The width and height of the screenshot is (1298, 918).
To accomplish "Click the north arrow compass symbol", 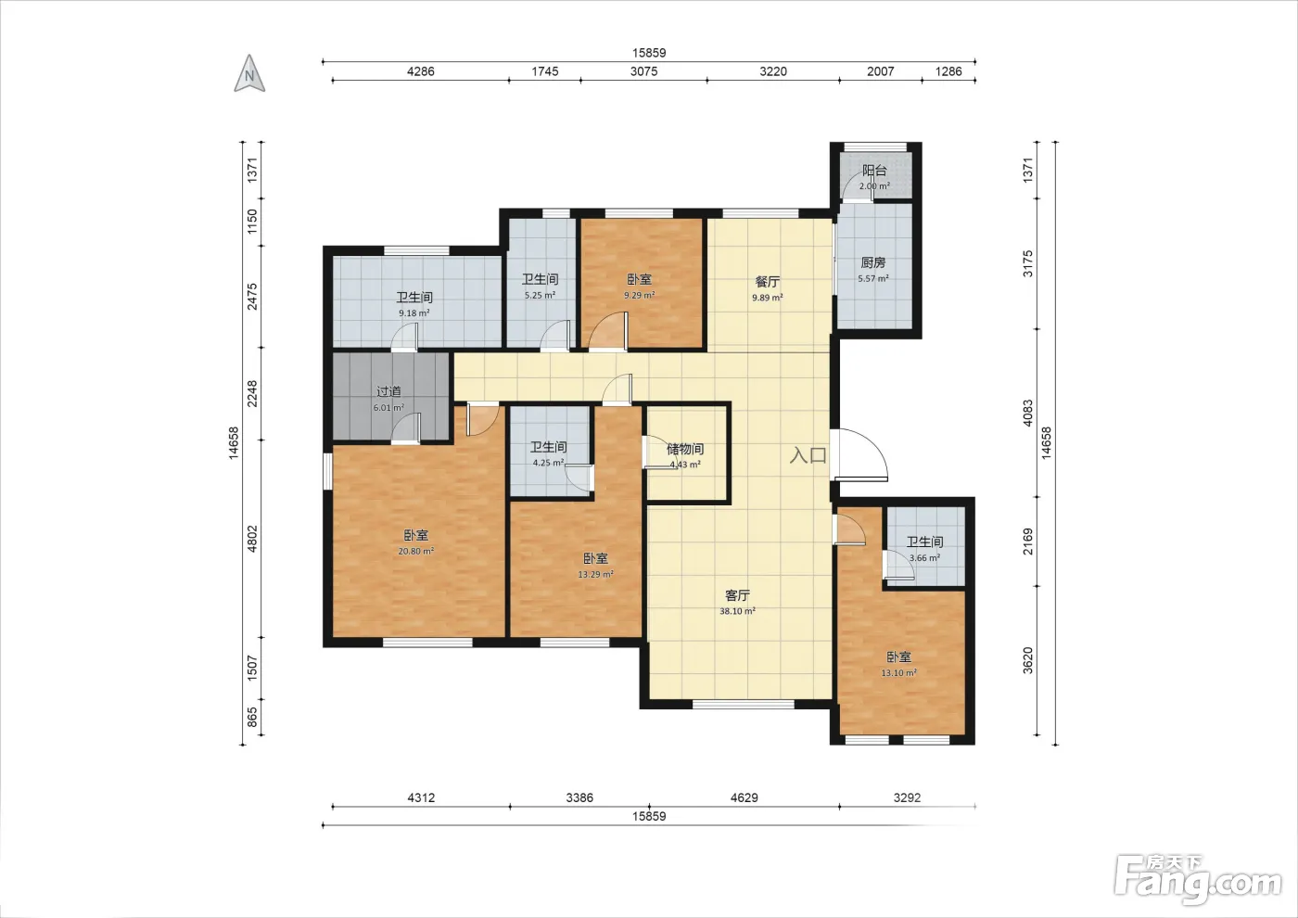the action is click(x=249, y=73).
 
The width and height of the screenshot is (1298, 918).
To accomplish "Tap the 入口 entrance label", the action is click(x=808, y=455).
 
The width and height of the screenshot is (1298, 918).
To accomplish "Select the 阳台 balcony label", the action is click(x=874, y=171).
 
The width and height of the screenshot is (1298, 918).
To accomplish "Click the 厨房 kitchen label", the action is click(x=873, y=262).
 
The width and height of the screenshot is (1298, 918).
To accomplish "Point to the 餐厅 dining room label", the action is click(x=768, y=282).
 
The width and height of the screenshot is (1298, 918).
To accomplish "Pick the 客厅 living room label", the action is click(x=738, y=595).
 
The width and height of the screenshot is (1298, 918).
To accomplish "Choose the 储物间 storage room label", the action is click(x=685, y=449).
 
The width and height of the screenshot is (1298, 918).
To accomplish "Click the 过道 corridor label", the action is click(x=388, y=391).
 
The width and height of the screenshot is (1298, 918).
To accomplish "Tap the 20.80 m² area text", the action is click(x=416, y=551).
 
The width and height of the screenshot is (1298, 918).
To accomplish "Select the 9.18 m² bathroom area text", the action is click(x=414, y=313).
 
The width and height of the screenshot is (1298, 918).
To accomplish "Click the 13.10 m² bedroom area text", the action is click(x=898, y=673).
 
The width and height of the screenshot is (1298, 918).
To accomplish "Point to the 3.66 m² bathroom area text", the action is click(x=925, y=558).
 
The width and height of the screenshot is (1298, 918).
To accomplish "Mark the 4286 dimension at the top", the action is click(x=421, y=71).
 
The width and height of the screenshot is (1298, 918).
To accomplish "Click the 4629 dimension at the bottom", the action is click(x=744, y=797).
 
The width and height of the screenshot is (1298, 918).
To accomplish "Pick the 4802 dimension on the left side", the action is click(x=252, y=539).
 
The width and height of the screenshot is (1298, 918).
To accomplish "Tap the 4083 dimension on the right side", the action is click(x=1027, y=414).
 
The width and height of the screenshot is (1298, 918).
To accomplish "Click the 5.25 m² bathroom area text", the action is click(x=540, y=295).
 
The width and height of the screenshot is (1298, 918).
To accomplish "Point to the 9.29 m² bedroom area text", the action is click(x=640, y=295).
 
